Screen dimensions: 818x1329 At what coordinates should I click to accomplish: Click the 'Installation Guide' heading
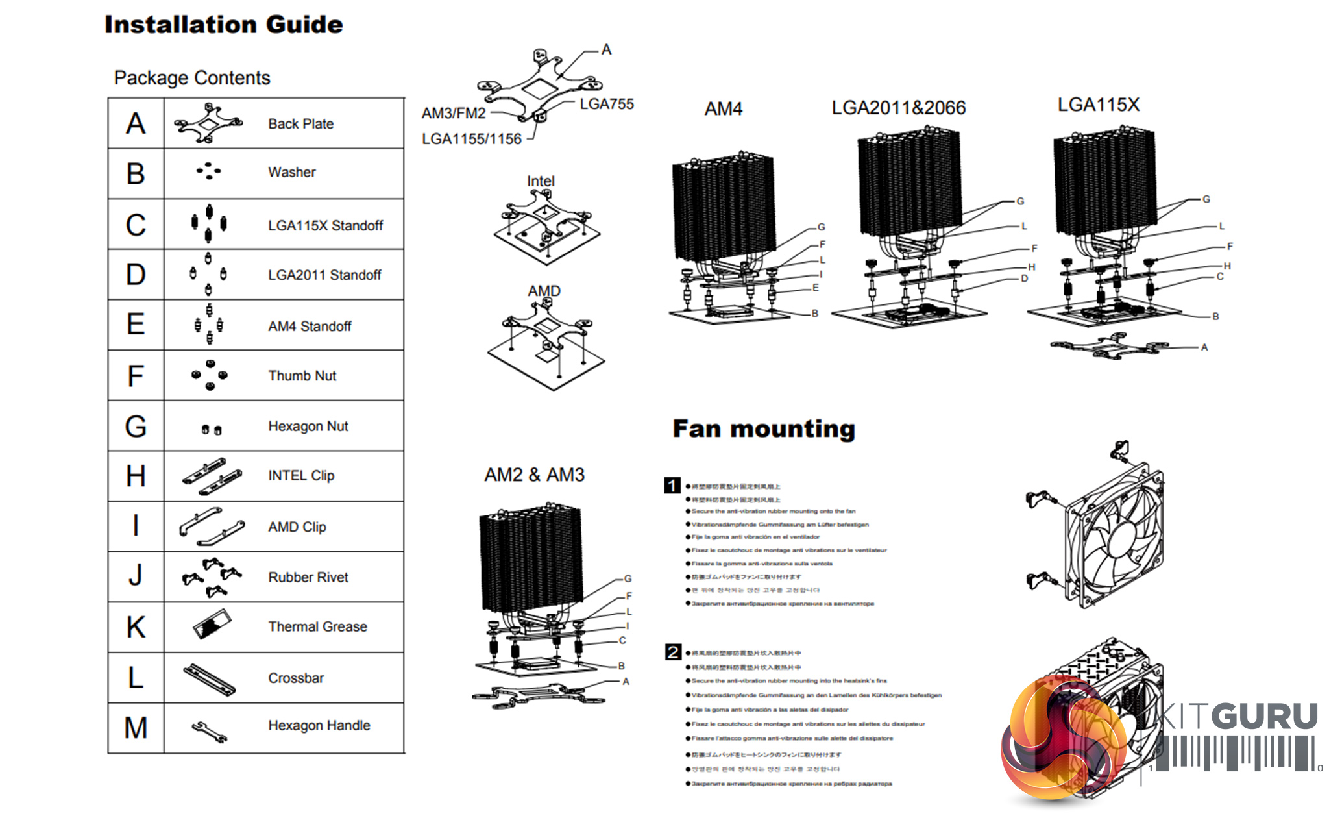(224, 25)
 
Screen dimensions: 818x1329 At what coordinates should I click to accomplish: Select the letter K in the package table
(136, 627)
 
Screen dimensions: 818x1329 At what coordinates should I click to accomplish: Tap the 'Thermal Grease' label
(317, 626)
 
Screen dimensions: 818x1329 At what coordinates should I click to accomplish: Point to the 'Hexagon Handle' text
(319, 725)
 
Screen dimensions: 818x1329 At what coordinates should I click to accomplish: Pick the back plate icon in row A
(208, 123)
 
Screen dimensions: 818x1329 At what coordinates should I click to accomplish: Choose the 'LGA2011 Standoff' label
(324, 275)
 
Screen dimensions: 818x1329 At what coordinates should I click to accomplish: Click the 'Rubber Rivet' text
(308, 577)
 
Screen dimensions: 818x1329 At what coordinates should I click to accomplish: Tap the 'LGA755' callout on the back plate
(606, 104)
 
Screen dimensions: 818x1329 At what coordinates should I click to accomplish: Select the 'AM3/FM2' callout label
(454, 113)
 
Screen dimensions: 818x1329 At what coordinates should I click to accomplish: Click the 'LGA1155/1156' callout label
(472, 139)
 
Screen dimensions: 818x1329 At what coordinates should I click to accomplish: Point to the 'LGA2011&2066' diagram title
(898, 107)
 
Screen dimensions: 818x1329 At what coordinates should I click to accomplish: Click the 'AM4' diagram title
(723, 108)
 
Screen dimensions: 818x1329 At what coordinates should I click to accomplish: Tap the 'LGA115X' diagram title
(1098, 105)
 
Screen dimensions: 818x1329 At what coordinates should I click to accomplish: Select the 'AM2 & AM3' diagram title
(534, 475)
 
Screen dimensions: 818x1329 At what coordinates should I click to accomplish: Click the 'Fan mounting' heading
(764, 428)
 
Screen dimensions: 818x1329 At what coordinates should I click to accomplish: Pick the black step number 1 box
(672, 485)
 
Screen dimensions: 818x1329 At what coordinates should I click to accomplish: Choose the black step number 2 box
(673, 652)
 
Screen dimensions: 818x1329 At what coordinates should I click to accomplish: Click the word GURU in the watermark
(1267, 716)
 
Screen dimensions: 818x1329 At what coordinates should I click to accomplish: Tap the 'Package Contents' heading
(192, 78)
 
